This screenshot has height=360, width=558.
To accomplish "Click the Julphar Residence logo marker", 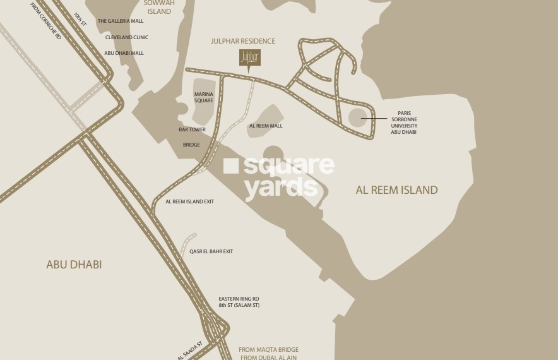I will pos(249,58).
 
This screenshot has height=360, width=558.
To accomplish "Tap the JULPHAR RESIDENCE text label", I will pos(243,42).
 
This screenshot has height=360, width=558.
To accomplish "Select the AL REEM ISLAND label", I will pos(396,189).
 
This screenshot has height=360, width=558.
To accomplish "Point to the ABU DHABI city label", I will pos(74,265).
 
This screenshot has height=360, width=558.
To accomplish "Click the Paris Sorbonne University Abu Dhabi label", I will pos(403,123).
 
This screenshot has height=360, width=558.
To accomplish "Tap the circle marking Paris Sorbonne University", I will pos(357,117).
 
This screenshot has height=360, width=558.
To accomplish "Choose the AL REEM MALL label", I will pos(266,126).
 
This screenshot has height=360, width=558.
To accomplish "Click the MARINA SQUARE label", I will pos(203,97).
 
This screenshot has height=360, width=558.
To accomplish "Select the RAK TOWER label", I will pos(192,129).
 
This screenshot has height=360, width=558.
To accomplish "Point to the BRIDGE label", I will pos(191,145).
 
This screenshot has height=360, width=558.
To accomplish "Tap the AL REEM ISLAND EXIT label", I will pos(189,201).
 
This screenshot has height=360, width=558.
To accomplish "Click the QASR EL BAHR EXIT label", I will pos(211,251).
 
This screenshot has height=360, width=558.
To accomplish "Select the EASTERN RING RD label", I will pos(239,298).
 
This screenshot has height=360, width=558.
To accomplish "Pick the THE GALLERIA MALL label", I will pos(121,21).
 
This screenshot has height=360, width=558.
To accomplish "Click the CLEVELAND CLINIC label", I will pos(127,37).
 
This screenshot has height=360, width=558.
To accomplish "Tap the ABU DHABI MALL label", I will pos(124,53).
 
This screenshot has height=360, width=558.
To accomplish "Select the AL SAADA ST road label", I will pos(191,349).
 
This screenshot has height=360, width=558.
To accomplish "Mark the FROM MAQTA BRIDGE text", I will pos(268,349).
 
